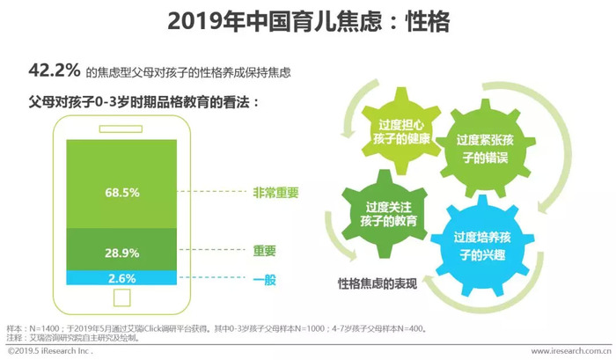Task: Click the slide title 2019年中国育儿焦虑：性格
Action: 308,21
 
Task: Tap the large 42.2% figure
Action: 55,70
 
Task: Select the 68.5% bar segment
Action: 121,184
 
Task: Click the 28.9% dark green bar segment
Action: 121,250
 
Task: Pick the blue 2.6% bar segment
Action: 121,278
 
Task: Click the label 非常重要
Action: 275,193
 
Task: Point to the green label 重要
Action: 264,250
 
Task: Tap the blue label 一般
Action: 264,279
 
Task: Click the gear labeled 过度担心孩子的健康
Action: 400,131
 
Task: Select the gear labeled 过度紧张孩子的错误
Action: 486,149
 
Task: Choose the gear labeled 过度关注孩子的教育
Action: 385,214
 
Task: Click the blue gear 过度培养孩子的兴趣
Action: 482,246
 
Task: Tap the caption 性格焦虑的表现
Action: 378,283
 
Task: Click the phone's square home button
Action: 121,298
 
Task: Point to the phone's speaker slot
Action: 121,129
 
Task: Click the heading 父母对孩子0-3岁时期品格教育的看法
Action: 143,103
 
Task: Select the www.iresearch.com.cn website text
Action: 571,350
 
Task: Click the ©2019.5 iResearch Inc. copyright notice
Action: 50,350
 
